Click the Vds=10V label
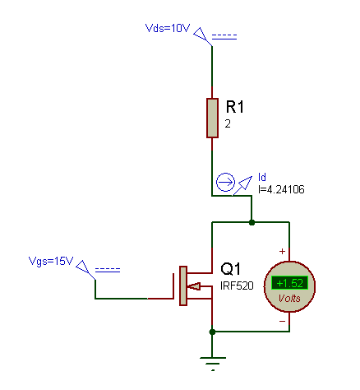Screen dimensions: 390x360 [168, 27]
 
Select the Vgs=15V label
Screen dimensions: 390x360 [51, 262]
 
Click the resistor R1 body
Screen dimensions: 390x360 [212, 117]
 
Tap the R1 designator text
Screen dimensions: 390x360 [236, 107]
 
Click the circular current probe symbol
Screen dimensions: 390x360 [225, 183]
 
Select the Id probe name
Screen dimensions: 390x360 [262, 176]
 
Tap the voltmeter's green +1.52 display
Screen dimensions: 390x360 [289, 283]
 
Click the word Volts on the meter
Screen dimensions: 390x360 [289, 299]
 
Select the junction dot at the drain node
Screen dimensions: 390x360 [252, 222]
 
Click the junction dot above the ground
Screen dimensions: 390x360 [213, 332]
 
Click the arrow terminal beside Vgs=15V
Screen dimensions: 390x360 [85, 269]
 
